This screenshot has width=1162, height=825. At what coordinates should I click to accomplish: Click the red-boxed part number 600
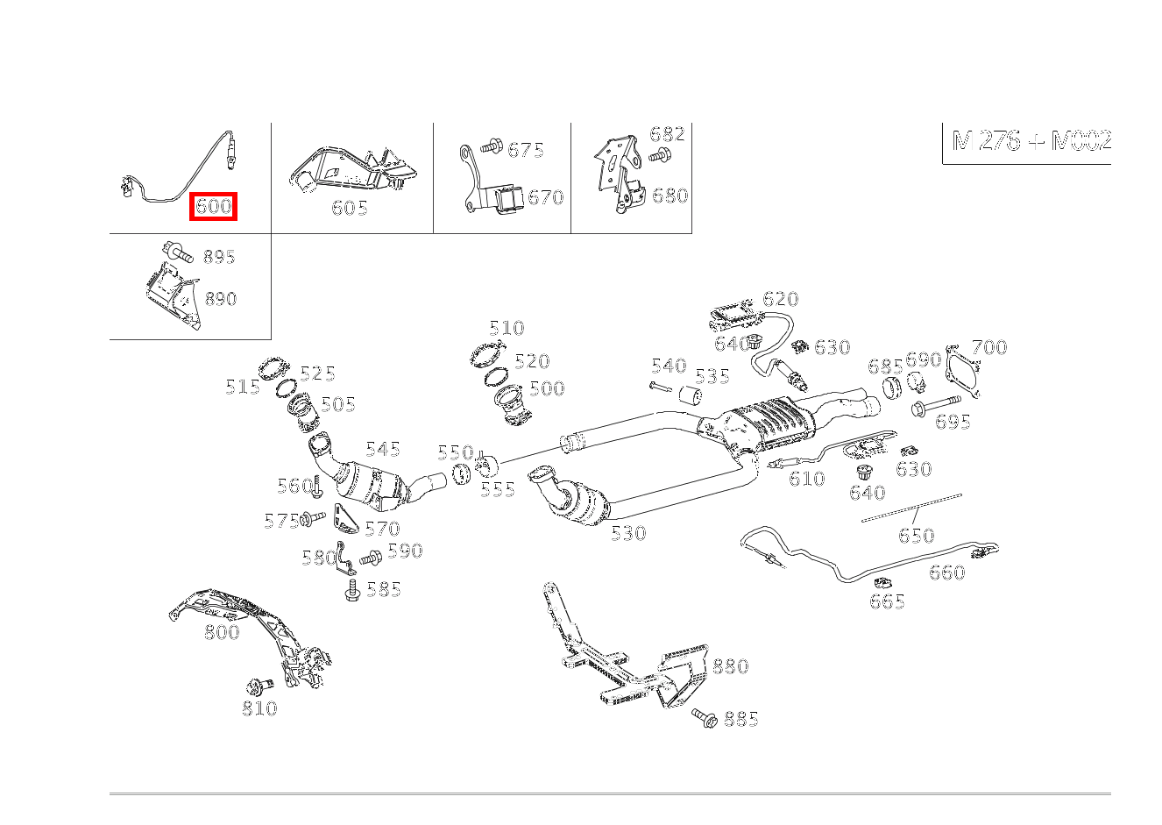click(213, 207)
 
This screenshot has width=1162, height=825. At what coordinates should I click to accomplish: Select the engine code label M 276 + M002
click(1031, 140)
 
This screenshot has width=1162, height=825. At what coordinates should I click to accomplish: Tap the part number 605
click(350, 208)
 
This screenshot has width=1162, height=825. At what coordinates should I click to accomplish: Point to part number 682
click(667, 134)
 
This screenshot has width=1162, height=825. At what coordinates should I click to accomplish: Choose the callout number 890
click(221, 299)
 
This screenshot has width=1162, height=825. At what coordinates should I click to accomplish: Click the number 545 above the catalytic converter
click(383, 449)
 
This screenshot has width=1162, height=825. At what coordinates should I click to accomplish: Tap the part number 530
click(628, 533)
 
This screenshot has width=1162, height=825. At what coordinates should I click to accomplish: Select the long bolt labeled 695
click(936, 405)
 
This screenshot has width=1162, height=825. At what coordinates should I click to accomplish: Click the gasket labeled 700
click(963, 372)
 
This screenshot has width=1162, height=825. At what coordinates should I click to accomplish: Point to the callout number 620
click(781, 299)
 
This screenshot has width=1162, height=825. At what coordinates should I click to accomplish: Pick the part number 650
click(916, 535)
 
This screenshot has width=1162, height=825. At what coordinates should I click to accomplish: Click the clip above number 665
click(882, 583)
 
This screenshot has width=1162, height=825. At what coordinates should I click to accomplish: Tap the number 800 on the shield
click(222, 632)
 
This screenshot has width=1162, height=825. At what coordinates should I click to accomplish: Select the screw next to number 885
click(705, 717)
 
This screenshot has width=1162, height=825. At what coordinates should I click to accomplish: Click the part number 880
click(730, 666)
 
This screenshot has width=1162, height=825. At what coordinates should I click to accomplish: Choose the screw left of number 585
click(353, 590)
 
